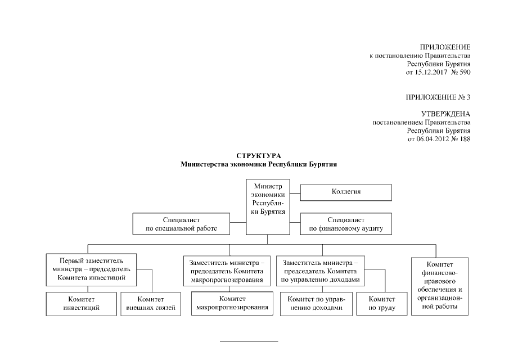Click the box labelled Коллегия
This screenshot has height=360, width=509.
point(346,192)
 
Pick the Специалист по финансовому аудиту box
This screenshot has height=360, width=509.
point(346,223)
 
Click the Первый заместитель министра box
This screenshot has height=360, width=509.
point(91,268)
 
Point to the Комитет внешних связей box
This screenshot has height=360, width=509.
point(151,304)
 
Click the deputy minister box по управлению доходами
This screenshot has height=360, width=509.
point(319,271)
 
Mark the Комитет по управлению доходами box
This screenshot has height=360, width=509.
point(315,304)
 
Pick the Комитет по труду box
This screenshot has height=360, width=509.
point(381,304)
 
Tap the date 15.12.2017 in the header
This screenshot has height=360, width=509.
point(431,73)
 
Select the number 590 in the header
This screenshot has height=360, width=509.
point(465,73)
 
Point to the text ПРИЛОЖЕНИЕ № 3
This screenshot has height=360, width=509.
point(438,97)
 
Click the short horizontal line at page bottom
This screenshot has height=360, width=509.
point(248,341)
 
